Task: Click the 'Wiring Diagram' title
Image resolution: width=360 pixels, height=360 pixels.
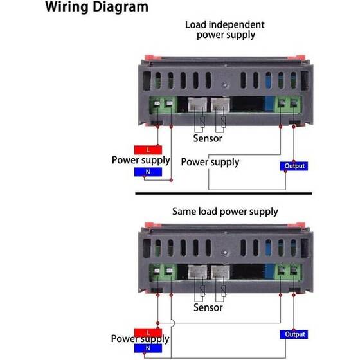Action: pos(97,8)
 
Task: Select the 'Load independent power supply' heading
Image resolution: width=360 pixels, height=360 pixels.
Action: pos(225,30)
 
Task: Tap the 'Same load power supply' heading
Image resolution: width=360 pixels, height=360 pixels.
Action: pos(225,211)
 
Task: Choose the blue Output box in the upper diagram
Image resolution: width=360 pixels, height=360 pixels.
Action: pos(295,166)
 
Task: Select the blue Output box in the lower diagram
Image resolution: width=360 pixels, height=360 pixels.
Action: pos(295,334)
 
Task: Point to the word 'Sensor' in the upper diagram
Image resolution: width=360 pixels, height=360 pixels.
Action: pos(208,138)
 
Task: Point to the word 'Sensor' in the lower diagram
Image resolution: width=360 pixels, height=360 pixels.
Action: pos(208,308)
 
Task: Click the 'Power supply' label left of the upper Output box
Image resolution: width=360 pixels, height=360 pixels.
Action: pos(210,162)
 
